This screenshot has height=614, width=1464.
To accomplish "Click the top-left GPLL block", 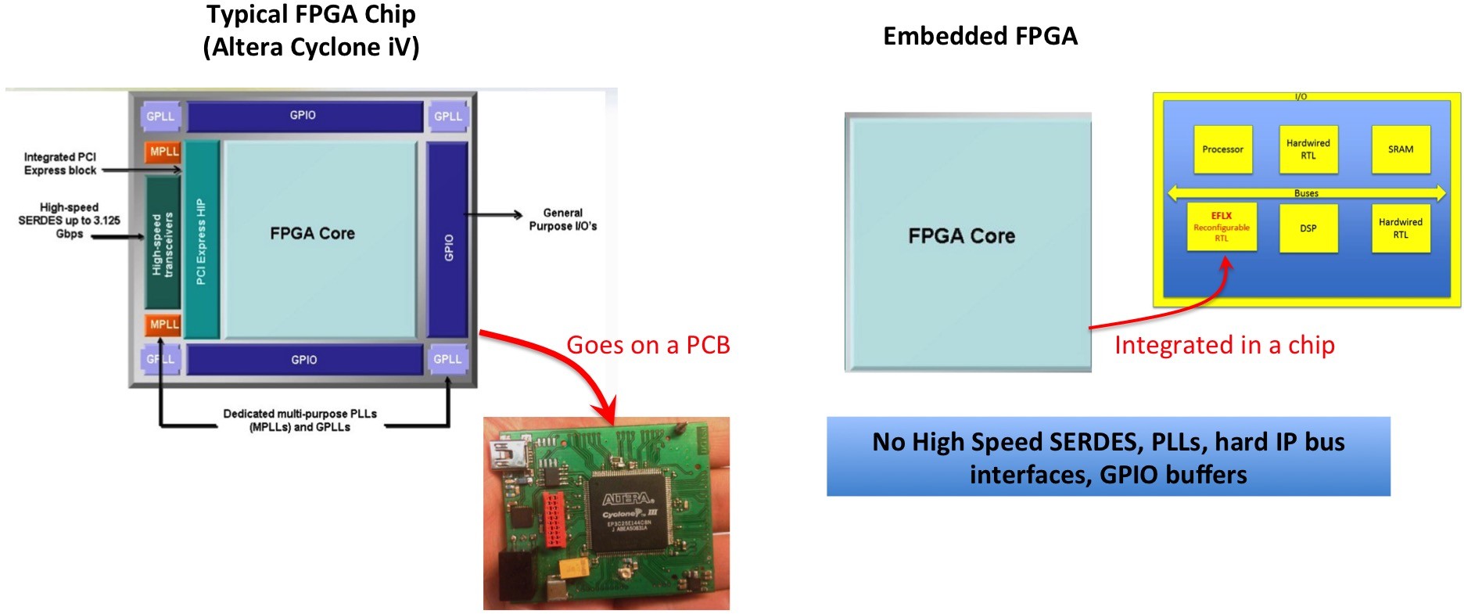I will coord(160,117).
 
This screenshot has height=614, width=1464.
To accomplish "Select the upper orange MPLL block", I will coord(163,152).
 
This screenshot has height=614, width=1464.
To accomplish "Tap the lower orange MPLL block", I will coord(163,325).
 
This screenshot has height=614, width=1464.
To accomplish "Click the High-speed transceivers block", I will coord(163,243).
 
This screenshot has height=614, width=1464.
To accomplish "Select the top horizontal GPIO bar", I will coord(303,116).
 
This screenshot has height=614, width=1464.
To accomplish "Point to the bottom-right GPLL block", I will coord(447,359).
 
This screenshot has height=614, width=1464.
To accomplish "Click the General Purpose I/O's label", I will coord(562,219).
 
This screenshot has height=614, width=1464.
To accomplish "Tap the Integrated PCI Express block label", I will coord(60,163).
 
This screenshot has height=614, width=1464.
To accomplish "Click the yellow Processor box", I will coord(1222,149).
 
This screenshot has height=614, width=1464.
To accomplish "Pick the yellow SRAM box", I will coord(1400,149).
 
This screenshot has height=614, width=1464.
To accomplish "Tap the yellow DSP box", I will coord(1308,228).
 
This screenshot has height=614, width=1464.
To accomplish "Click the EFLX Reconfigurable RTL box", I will coord(1221,227).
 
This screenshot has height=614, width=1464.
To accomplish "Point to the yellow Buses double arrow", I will coord(1305,192).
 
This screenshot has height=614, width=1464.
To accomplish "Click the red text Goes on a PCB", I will coord(648,345).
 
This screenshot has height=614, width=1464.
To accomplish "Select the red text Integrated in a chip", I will coord(1224,345).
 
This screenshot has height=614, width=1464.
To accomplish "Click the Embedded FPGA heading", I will coord(980,36).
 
